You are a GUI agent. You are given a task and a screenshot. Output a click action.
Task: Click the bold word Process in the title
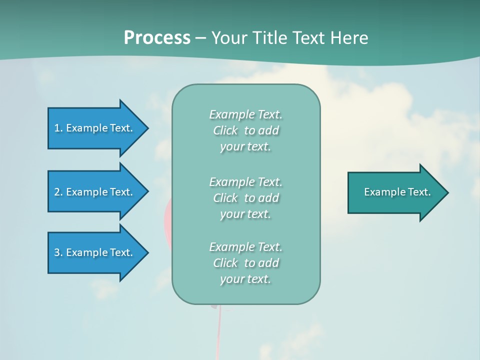(157, 38)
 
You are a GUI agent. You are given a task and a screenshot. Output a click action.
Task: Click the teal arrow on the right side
(395, 192)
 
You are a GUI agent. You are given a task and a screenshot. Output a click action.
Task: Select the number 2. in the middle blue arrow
(58, 192)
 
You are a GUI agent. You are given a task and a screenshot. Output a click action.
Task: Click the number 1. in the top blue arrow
(58, 128)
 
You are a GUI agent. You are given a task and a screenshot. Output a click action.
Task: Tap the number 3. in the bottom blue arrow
(58, 252)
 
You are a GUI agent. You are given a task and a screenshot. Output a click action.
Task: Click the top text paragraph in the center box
(245, 130)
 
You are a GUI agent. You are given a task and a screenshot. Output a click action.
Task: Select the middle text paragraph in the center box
(245, 198)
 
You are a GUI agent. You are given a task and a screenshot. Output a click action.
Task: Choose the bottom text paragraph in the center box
(245, 263)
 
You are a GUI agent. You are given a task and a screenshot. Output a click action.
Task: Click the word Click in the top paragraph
(225, 130)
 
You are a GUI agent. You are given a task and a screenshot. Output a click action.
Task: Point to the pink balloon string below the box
(218, 330)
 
